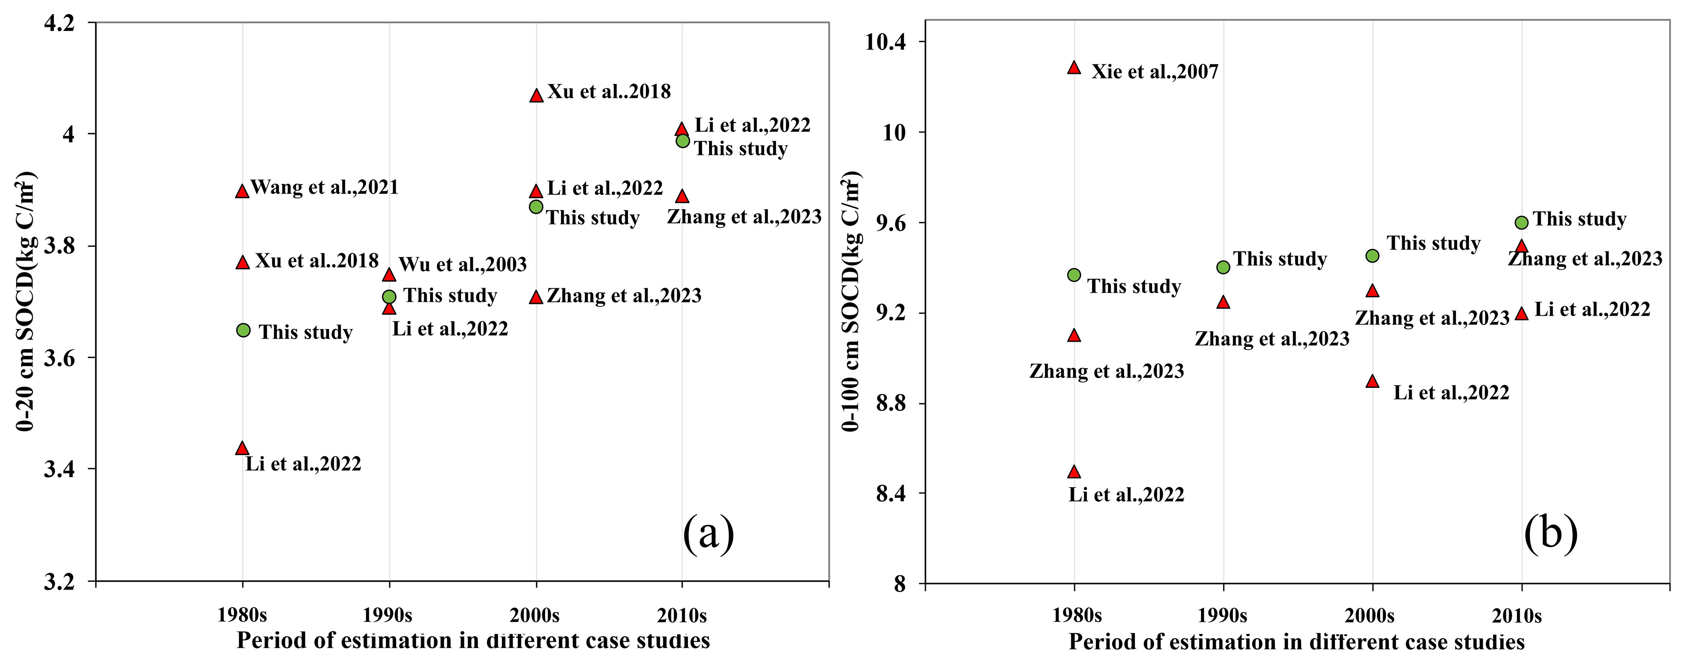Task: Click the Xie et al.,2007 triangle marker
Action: click(1073, 67)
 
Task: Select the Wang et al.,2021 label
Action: click(324, 188)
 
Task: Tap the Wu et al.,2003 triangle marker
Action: click(389, 274)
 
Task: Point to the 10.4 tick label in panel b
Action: click(885, 43)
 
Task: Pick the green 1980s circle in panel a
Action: click(243, 330)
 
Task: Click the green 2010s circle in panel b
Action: click(1521, 222)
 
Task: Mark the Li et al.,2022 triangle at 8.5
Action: click(1073, 471)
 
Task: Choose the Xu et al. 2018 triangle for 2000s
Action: click(536, 95)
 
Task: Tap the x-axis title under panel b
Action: click(1296, 641)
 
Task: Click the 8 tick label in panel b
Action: click(899, 583)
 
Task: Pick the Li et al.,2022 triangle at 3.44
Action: click(242, 448)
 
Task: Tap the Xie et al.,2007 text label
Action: click(1155, 71)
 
